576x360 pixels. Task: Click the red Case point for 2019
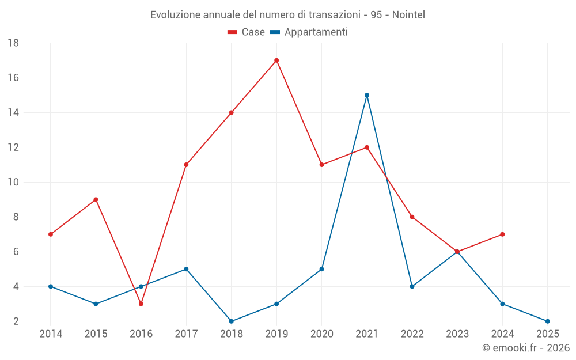pyautogui.click(x=276, y=60)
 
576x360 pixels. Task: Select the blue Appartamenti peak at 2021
pyautogui.click(x=367, y=95)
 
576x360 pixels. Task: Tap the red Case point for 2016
pyautogui.click(x=141, y=304)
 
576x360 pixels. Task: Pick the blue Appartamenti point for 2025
pyautogui.click(x=547, y=321)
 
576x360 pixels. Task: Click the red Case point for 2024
pyautogui.click(x=502, y=234)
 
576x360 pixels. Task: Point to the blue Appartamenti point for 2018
pyautogui.click(x=232, y=321)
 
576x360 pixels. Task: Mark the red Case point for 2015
pyautogui.click(x=96, y=199)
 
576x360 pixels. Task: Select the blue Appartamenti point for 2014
pyautogui.click(x=51, y=286)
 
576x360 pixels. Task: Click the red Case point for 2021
pyautogui.click(x=367, y=147)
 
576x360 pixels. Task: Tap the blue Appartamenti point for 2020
pyautogui.click(x=321, y=269)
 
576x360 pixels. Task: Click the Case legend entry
pyautogui.click(x=247, y=32)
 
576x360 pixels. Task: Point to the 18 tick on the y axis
pyautogui.click(x=13, y=43)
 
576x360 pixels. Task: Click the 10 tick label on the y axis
pyautogui.click(x=13, y=182)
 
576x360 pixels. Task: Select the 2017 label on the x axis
pyautogui.click(x=186, y=334)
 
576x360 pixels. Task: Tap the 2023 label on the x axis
pyautogui.click(x=457, y=334)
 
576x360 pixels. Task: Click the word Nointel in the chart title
pyautogui.click(x=408, y=15)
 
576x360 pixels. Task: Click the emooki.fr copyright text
pyautogui.click(x=526, y=348)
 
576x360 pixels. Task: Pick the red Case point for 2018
pyautogui.click(x=232, y=112)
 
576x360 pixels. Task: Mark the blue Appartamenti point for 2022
pyautogui.click(x=412, y=286)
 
